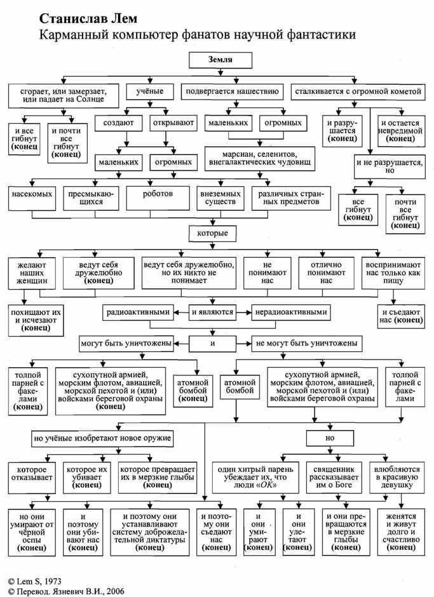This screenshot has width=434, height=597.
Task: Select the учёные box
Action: (x=150, y=92)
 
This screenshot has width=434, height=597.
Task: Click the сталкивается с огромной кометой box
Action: (x=358, y=92)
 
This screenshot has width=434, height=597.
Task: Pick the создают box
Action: (x=118, y=121)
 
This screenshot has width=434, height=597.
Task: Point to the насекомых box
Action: (x=32, y=192)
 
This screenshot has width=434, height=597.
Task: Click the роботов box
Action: (x=158, y=192)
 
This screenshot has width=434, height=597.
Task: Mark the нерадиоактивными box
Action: (x=291, y=312)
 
